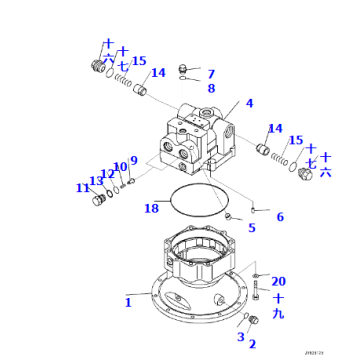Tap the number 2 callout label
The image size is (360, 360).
pyautogui.click(x=252, y=344)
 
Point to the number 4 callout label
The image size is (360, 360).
pyautogui.click(x=249, y=103)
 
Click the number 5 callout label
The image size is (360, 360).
pyautogui.click(x=251, y=228)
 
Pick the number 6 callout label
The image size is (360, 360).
pyautogui.click(x=279, y=217)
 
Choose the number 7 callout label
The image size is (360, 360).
pyautogui.click(x=210, y=74)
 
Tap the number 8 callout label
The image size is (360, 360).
pyautogui.click(x=210, y=88)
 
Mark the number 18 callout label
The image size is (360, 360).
pyautogui.click(x=133, y=161)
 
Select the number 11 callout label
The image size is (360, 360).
pyautogui.click(x=82, y=188)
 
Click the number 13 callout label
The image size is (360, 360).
pyautogui.click(x=95, y=181)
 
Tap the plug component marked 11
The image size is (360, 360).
pyautogui.click(x=99, y=201)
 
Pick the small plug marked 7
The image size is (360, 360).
pyautogui.click(x=184, y=69)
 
